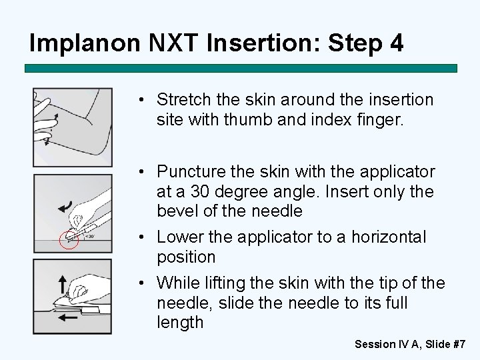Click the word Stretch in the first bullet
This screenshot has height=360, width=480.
(x=181, y=100)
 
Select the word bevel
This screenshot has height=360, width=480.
(x=176, y=211)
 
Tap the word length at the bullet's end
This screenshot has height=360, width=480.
(x=180, y=323)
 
